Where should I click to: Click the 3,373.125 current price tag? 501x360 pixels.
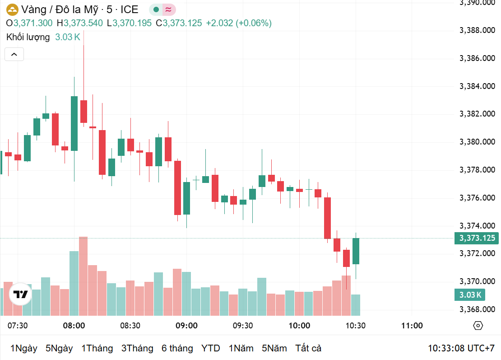pyautogui.click(x=477, y=238)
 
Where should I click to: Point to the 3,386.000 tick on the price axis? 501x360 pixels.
pyautogui.click(x=477, y=58)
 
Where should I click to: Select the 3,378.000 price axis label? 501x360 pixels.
pyautogui.click(x=477, y=170)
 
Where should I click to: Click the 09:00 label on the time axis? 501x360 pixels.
pyautogui.click(x=186, y=326)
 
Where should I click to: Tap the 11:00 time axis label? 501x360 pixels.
pyautogui.click(x=412, y=326)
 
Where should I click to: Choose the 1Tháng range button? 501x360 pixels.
pyautogui.click(x=97, y=348)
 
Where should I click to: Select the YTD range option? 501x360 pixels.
pyautogui.click(x=211, y=348)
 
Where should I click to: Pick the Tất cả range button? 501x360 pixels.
pyautogui.click(x=308, y=348)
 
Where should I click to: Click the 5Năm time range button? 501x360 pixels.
pyautogui.click(x=274, y=348)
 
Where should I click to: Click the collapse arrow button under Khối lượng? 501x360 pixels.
pyautogui.click(x=14, y=55)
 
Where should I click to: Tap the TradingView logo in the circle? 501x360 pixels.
pyautogui.click(x=20, y=295)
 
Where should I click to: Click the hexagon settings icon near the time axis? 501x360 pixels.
pyautogui.click(x=478, y=326)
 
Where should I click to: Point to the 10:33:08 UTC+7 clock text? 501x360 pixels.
pyautogui.click(x=461, y=348)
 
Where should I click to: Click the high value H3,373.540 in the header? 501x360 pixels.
pyautogui.click(x=80, y=23)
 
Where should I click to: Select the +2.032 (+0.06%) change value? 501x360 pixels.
pyautogui.click(x=239, y=23)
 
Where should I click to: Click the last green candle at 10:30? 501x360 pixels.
pyautogui.click(x=356, y=251)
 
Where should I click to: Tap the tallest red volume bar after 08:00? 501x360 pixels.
pyautogui.click(x=83, y=276)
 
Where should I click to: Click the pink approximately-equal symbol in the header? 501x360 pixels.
pyautogui.click(x=169, y=9)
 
